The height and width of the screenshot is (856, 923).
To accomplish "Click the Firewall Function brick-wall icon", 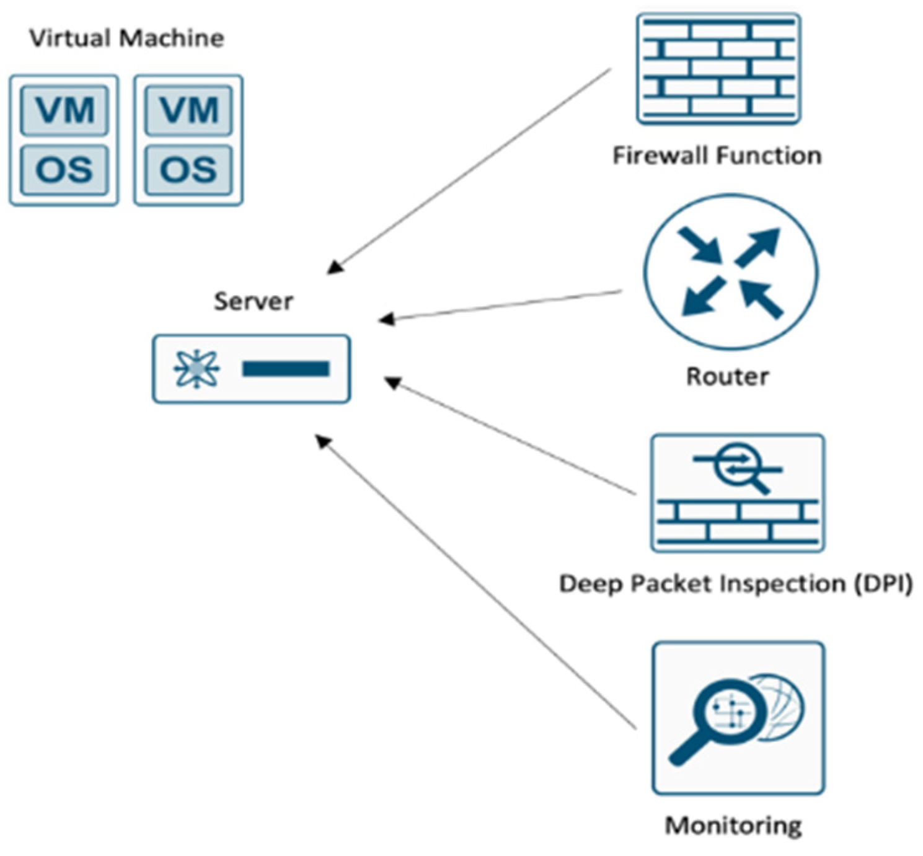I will [x=718, y=68].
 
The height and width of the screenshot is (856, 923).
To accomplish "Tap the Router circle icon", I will [x=730, y=272].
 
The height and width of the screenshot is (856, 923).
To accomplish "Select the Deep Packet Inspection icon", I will [x=737, y=493].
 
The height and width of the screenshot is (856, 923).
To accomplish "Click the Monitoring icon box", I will [x=738, y=718].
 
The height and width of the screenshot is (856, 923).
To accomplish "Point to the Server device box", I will [x=251, y=369].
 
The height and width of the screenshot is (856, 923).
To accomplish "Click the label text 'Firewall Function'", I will [x=717, y=155].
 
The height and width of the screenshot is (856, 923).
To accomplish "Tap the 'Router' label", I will [x=727, y=376].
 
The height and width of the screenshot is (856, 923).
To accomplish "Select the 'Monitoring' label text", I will [x=733, y=825].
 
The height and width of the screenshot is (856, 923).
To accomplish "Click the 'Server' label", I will [x=253, y=301].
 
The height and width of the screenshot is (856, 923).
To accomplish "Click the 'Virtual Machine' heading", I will [x=126, y=38].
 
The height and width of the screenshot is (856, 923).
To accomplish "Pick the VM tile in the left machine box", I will [x=64, y=110].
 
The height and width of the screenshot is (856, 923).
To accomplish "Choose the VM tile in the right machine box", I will [x=188, y=110].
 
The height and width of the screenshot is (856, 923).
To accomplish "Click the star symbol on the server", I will [x=197, y=369].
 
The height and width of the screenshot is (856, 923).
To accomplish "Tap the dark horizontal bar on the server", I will [x=285, y=369].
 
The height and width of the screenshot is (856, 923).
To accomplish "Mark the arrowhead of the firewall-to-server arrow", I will [x=334, y=267].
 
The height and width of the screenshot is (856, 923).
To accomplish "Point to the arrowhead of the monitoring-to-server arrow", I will [x=323, y=441].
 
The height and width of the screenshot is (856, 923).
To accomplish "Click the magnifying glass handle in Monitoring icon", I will [x=687, y=750].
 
